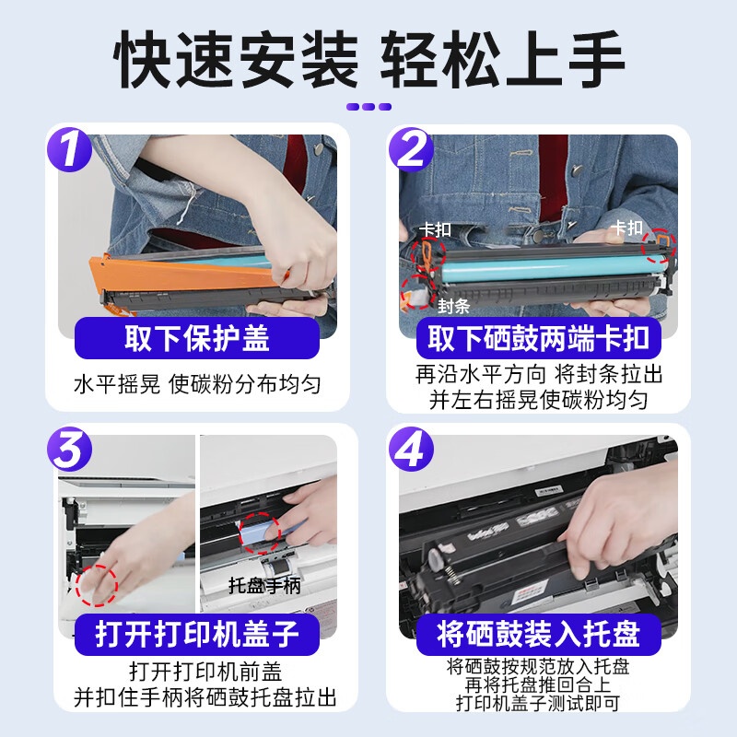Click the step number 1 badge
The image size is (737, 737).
click(x=70, y=149)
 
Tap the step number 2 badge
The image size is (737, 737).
click(x=411, y=149)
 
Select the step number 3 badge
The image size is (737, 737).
click(x=70, y=449)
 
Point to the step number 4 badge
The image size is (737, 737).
click(x=411, y=449)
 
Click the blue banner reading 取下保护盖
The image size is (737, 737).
click(x=197, y=338)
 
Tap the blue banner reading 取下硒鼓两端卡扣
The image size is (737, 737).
click(x=539, y=338)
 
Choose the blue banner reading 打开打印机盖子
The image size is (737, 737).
click(x=197, y=634)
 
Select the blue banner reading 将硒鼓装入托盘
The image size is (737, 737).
click(x=539, y=634)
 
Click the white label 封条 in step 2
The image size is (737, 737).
click(x=453, y=306)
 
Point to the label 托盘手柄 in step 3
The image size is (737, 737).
click(x=264, y=586)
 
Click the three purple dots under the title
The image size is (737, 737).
click(x=368, y=107)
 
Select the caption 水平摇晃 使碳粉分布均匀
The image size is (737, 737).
click(x=197, y=384)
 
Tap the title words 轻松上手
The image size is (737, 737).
click(x=502, y=59)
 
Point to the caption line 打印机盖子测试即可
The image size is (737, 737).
click(x=538, y=704)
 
